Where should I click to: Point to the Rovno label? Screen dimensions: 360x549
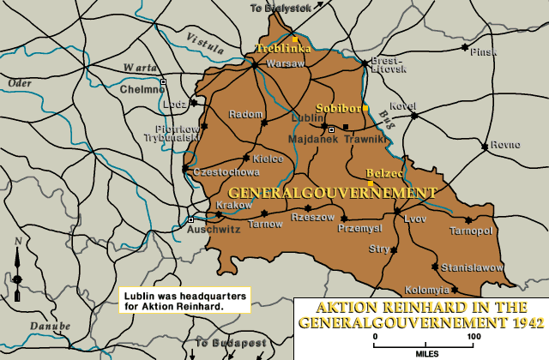tap(504, 144)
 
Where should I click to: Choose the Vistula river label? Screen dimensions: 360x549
tap(202, 39)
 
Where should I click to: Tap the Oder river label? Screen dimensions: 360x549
tap(18, 82)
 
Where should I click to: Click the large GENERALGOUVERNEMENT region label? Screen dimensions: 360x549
tap(333, 192)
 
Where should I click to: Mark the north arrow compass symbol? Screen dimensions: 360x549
tap(16, 266)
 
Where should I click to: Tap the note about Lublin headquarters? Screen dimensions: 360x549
tap(184, 299)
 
